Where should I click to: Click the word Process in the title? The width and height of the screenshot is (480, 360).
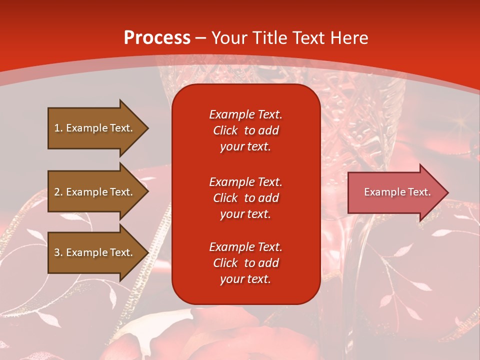tap(157, 38)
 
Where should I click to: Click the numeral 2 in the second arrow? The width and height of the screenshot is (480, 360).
tap(57, 192)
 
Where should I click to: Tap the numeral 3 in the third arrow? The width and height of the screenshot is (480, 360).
tap(57, 252)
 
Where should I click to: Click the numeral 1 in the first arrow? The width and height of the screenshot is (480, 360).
tap(57, 128)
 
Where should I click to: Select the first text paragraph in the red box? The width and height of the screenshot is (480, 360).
tap(245, 130)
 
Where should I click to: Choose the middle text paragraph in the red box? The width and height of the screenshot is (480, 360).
tap(245, 197)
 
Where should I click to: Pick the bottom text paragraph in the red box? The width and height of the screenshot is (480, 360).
tap(245, 263)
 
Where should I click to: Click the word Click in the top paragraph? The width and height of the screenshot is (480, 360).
tap(225, 130)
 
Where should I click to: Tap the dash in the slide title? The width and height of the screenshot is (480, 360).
tap(201, 38)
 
